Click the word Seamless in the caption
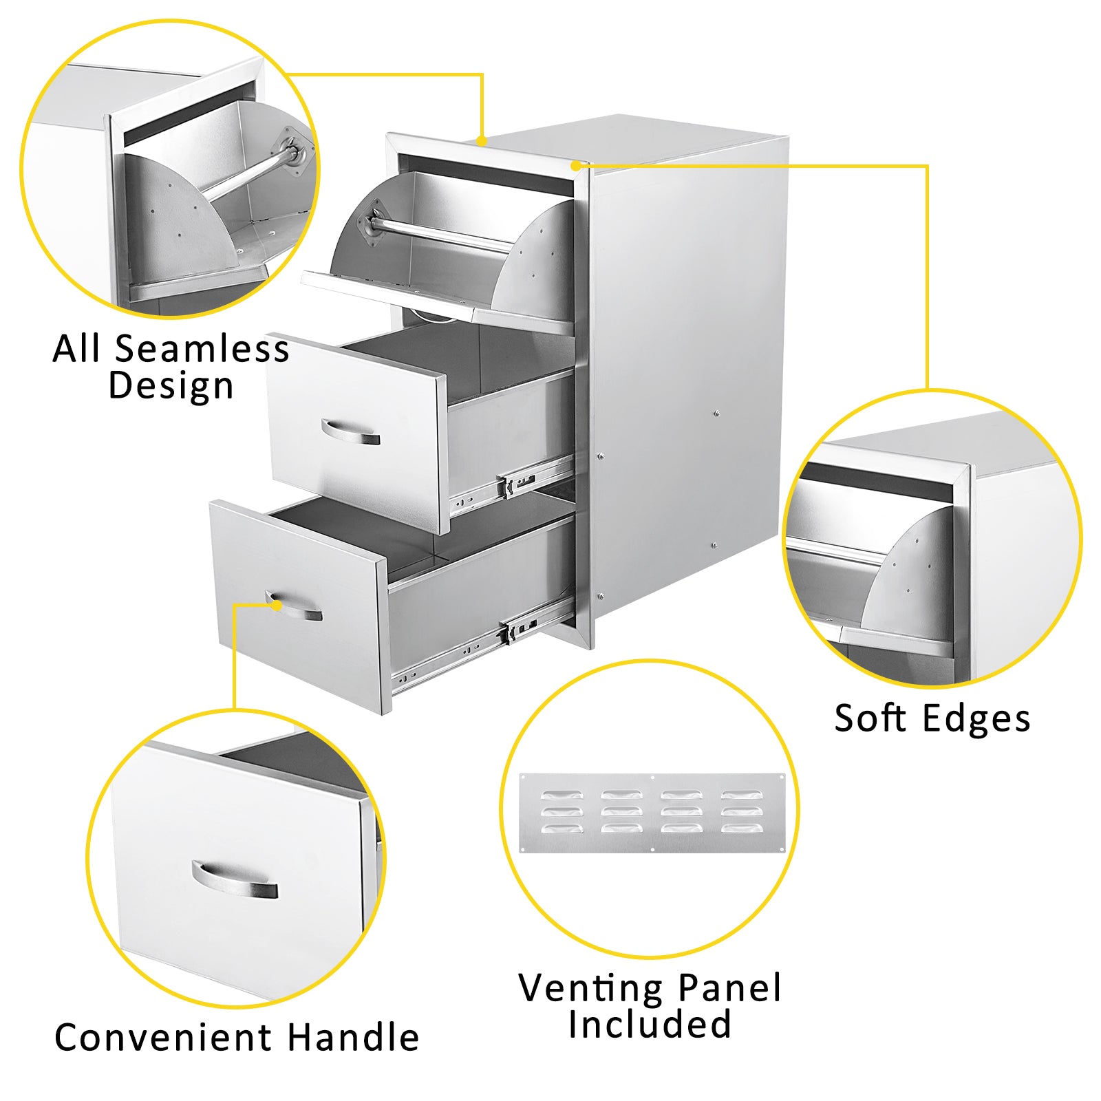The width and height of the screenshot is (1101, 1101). click(202, 348)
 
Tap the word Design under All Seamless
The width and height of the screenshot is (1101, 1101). click(171, 385)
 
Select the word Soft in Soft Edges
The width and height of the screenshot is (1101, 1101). click(869, 718)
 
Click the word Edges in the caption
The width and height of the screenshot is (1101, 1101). click(976, 720)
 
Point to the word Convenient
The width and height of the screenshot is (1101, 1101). click(164, 1037)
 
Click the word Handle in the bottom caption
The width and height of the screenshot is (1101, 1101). click(353, 1037)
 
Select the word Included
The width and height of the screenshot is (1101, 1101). click(650, 1023)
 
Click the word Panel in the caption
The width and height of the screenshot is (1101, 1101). click(729, 987)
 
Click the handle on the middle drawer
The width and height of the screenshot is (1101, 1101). click(350, 432)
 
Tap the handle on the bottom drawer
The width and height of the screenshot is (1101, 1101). click(295, 606)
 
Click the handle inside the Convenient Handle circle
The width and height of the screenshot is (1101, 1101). click(235, 879)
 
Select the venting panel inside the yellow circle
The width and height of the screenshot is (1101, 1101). click(651, 813)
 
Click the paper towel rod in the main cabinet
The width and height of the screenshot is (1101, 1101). click(440, 234)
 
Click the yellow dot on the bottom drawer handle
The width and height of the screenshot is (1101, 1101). click(277, 605)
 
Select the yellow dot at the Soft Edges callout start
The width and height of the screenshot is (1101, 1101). click(575, 165)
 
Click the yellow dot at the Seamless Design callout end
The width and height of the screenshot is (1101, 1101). click(482, 141)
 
